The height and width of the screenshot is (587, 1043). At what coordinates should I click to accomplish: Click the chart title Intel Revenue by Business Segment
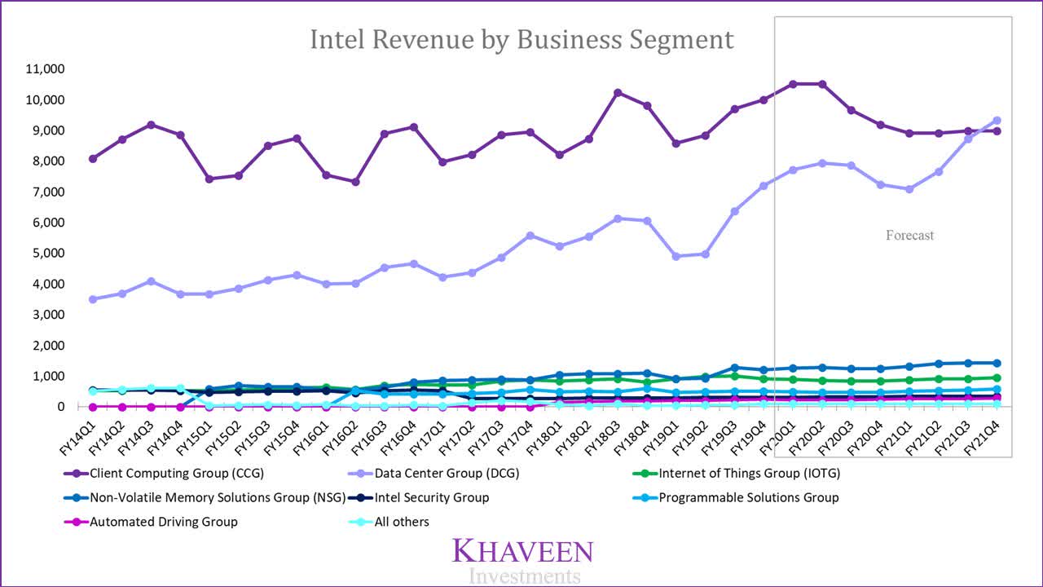click(521, 39)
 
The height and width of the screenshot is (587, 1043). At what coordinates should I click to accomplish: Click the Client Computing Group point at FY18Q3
click(618, 93)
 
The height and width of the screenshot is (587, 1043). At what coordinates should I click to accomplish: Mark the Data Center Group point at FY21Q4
click(996, 121)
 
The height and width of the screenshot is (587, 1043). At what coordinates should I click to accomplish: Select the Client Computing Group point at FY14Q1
click(93, 158)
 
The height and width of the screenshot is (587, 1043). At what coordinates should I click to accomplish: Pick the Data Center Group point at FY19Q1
click(676, 256)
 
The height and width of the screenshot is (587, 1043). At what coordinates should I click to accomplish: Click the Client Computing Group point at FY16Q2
click(355, 182)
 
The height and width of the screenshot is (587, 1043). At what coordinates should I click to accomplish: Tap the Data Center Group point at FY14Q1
click(93, 299)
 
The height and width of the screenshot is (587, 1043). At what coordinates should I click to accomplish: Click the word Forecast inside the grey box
click(909, 236)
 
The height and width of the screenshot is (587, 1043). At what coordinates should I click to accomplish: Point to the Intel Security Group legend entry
click(431, 497)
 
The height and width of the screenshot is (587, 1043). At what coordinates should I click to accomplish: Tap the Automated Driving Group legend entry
click(164, 522)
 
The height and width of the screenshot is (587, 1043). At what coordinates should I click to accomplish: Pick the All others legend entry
click(401, 522)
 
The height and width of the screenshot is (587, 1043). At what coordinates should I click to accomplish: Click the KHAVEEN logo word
click(522, 551)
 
